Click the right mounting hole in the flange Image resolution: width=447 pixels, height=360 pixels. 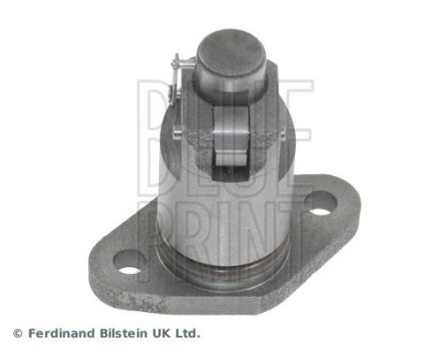click(x=321, y=203)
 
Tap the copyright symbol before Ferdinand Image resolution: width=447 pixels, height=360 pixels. click(x=16, y=333)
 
